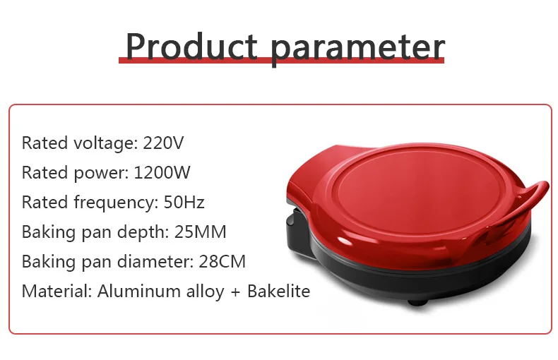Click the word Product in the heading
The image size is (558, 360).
pos(191,47)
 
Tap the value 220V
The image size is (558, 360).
pos(163,143)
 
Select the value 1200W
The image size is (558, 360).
pos(162,172)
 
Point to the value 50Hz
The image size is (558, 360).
pos(184,202)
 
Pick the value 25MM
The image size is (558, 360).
pos(201,232)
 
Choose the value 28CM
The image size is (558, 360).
pos(222,261)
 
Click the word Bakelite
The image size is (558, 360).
pos(278,291)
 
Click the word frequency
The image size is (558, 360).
pos(116,203)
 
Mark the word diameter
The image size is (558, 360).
pos(155,261)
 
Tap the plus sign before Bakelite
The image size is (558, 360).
pos(236,292)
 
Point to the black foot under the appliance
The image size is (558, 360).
pos(417,303)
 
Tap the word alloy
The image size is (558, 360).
pos(206,292)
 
